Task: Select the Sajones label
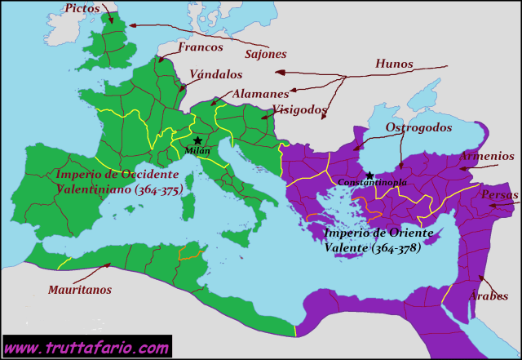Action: (x=266, y=55)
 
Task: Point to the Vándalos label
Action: (x=216, y=73)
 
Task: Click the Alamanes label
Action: (x=260, y=94)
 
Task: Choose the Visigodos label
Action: (x=299, y=109)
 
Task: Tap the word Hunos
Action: (x=394, y=64)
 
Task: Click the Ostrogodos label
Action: (x=418, y=128)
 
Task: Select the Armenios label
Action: (x=486, y=156)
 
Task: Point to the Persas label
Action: (x=499, y=195)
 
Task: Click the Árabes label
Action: (x=488, y=296)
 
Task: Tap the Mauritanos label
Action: (x=80, y=289)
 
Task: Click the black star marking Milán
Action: (x=197, y=140)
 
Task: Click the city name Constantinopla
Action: (x=372, y=183)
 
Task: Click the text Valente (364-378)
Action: (x=373, y=247)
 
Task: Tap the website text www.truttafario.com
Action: (x=87, y=348)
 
